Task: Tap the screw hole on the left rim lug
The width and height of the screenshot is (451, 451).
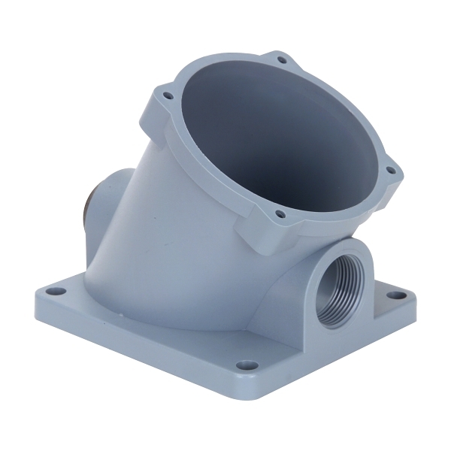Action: (167, 96)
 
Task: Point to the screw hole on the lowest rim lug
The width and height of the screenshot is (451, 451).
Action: (280, 215)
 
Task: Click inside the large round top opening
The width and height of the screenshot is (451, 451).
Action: (278, 135)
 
